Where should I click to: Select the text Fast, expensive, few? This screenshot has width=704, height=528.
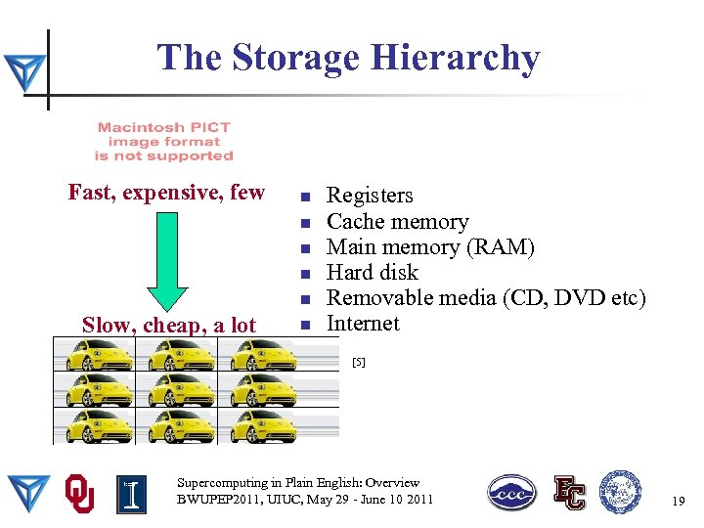coord(166,192)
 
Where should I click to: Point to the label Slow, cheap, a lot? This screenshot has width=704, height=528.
coord(169,325)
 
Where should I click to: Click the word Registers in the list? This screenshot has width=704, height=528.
coord(370,196)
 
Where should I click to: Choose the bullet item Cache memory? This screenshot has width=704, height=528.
coord(397,221)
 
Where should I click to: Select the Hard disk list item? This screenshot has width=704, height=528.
coord(372,272)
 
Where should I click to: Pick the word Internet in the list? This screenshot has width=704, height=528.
coord(363,323)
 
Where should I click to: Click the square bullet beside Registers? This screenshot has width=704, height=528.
coord(305,196)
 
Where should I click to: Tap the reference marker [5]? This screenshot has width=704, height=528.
coord(358,363)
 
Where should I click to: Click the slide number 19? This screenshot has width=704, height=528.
coord(678,501)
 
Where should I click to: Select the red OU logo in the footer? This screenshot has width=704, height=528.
coord(80,493)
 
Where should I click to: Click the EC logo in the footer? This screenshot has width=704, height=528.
coord(569,493)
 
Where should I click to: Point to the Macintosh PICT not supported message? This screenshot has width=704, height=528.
coord(164,142)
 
